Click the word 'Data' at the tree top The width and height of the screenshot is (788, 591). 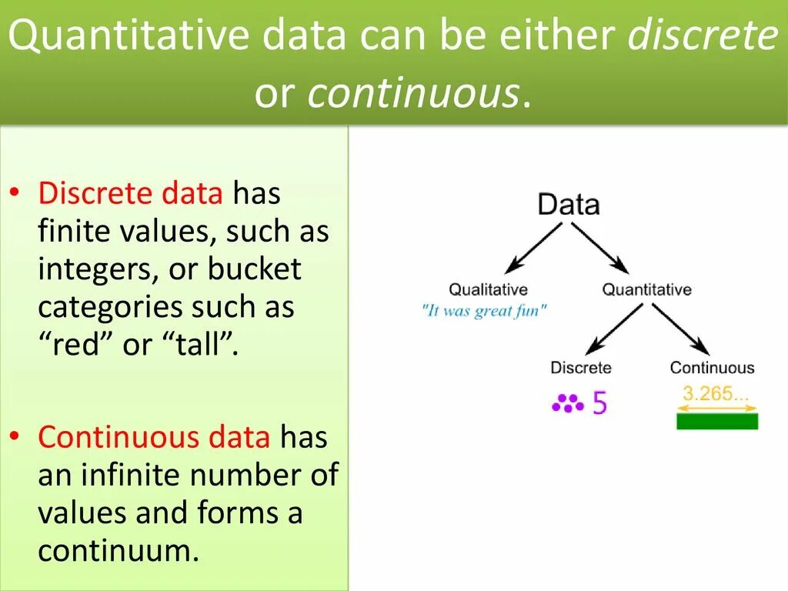coord(569,205)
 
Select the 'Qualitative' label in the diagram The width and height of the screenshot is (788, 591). coord(488,289)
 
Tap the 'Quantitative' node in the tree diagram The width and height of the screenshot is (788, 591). coord(646,289)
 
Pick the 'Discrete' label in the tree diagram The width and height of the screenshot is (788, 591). coord(581,367)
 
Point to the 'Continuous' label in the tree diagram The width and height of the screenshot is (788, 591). coord(712,367)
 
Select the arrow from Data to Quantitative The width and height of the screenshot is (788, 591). coord(600,249)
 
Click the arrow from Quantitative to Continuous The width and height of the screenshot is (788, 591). coord(681,329)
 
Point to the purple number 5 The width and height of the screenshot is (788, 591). coord(599,402)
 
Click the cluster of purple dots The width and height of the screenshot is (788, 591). coord(568,403)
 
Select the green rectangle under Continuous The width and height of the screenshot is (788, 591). coord(717,421)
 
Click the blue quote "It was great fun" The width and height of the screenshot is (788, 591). coord(484,311)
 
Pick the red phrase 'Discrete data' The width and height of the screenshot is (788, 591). coord(130,193)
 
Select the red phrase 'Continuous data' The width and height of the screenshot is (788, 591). coord(154,436)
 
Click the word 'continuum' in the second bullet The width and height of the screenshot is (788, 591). coord(115,551)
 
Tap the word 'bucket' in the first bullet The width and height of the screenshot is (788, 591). coord(254,269)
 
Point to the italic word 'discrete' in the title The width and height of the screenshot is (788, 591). coord(703,35)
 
